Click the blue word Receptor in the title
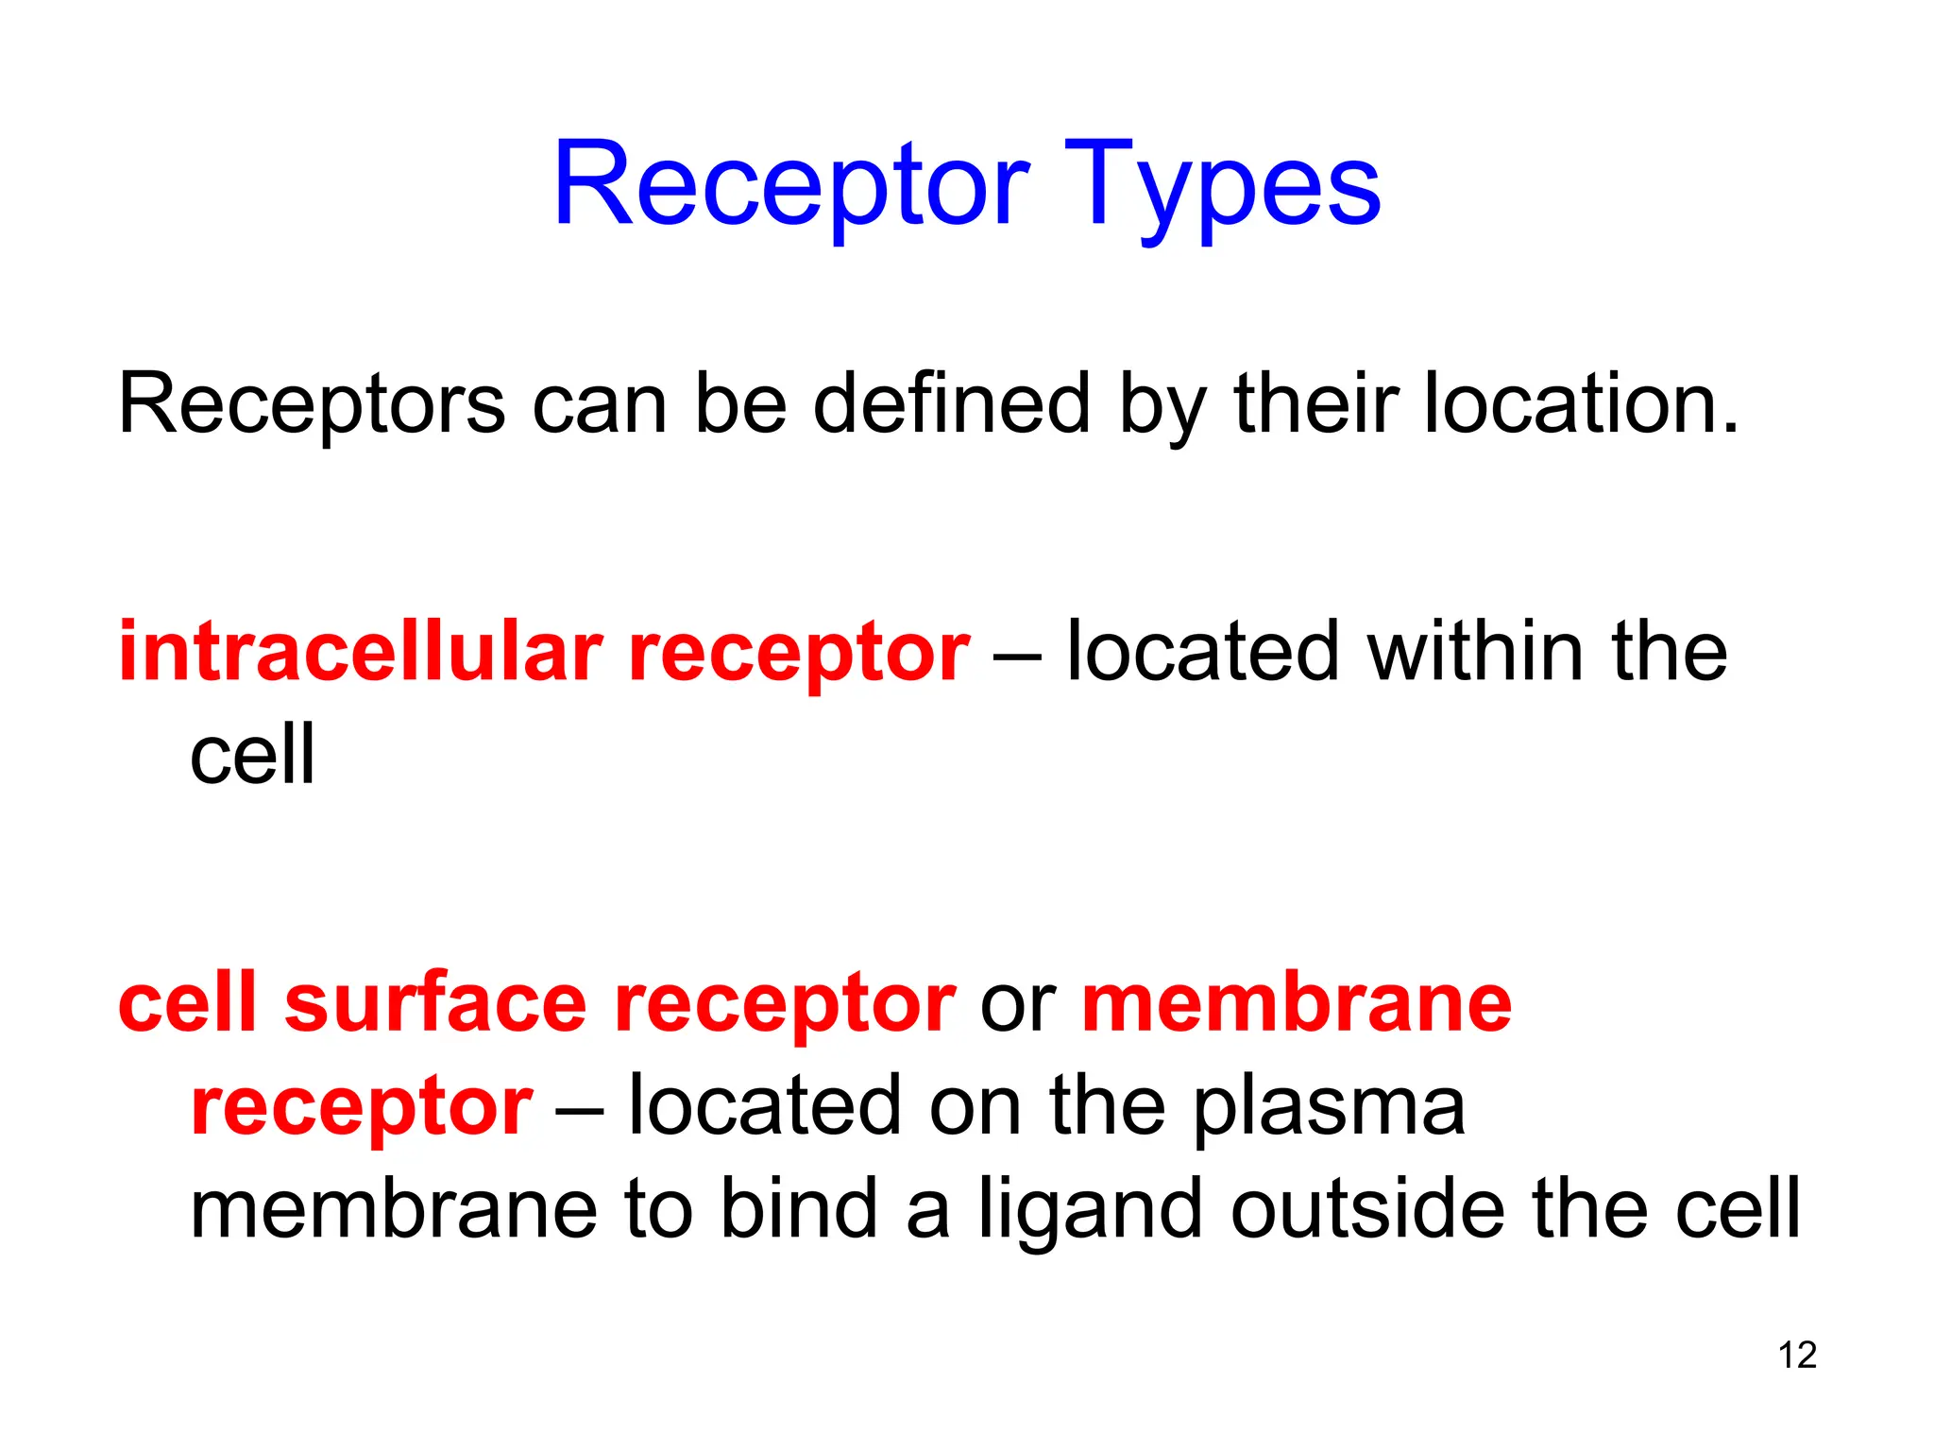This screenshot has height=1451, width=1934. click(791, 184)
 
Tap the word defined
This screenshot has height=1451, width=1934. click(951, 404)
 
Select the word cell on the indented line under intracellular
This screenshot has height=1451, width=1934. click(251, 755)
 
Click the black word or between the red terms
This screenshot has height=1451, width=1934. click(1018, 1004)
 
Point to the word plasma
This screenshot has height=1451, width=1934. click(1330, 1107)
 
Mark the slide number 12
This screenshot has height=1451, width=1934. click(1797, 1356)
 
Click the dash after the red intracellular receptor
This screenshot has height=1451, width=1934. click(1017, 655)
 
